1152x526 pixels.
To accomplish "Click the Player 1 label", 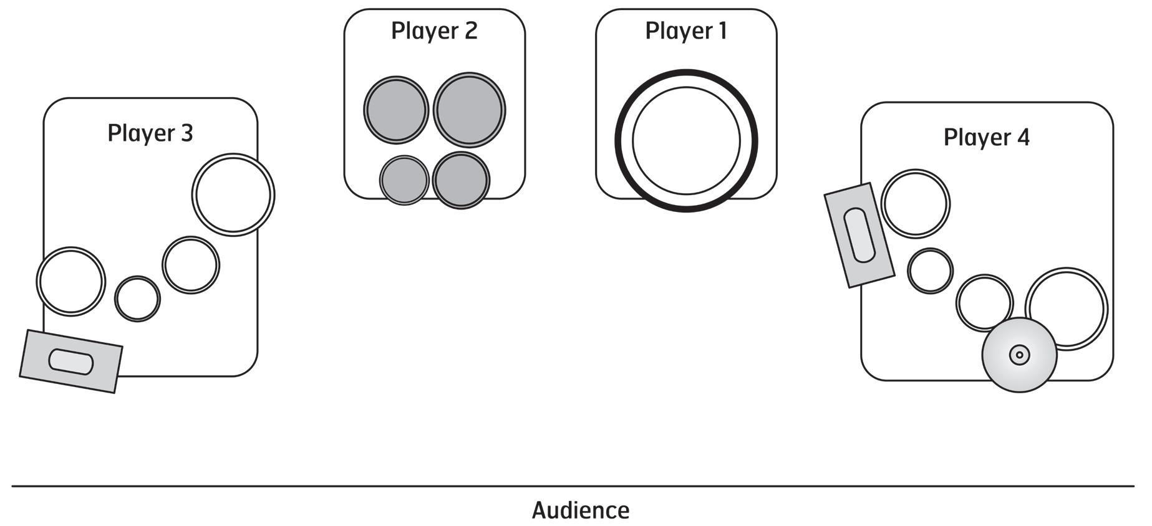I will coord(686,31).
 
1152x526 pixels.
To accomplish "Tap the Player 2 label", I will coord(434,31).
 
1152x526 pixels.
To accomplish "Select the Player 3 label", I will coord(150,133).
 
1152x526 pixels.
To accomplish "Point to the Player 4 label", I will coord(986,138).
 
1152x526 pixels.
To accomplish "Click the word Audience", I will coord(580,510).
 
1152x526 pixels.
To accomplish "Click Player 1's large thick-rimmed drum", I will coord(686,140).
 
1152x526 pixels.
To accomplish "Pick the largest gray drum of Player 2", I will coord(469,110).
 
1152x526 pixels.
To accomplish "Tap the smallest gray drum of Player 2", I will coord(404,180).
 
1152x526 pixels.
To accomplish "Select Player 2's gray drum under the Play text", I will coord(396,110).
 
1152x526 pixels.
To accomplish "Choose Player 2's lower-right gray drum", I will coord(461,180).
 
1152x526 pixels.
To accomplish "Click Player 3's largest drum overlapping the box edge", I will coord(233,194).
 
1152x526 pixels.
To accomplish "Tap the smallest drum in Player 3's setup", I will coord(137,299).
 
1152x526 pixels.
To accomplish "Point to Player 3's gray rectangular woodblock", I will coord(70,361).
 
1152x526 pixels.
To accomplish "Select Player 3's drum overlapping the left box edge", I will coord(70,281).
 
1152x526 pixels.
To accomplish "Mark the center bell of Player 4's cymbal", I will coord(1019,355).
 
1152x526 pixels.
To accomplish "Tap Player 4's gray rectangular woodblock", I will coord(859,235).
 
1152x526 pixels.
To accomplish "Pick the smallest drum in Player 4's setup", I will coord(929,271).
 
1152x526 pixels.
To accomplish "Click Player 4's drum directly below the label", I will coord(915,203).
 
